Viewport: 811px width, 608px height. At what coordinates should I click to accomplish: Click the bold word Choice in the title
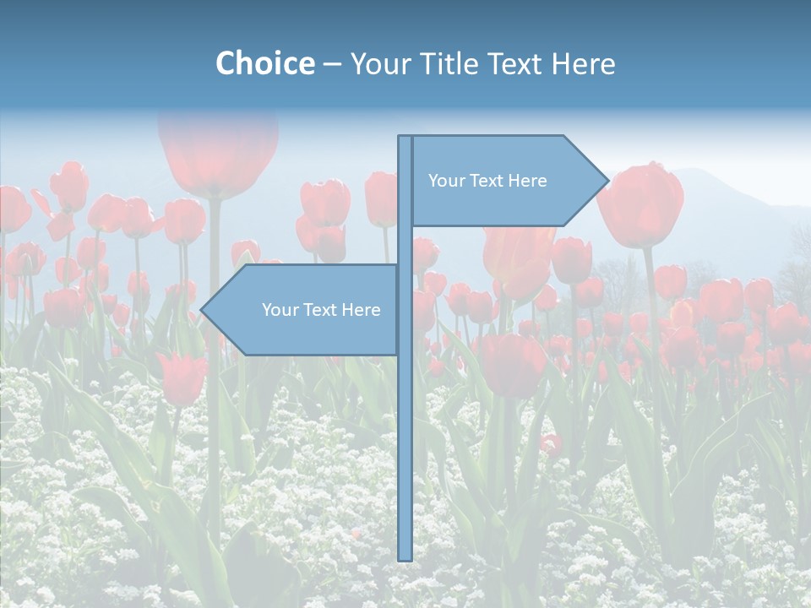(264, 63)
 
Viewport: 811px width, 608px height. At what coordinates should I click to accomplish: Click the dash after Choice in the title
(332, 64)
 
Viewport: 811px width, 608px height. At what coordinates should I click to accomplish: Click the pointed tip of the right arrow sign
(607, 180)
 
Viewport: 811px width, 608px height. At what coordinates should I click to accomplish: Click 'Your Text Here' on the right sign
(487, 181)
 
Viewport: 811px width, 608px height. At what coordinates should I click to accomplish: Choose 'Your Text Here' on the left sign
(321, 310)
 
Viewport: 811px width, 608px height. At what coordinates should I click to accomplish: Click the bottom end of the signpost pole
(405, 557)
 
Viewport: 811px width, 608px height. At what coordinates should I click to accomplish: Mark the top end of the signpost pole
(405, 138)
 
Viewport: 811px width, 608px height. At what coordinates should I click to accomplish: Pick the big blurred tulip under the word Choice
(218, 152)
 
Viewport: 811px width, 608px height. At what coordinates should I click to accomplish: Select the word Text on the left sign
(321, 310)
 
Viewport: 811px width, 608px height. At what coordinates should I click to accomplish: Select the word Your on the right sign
(445, 181)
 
